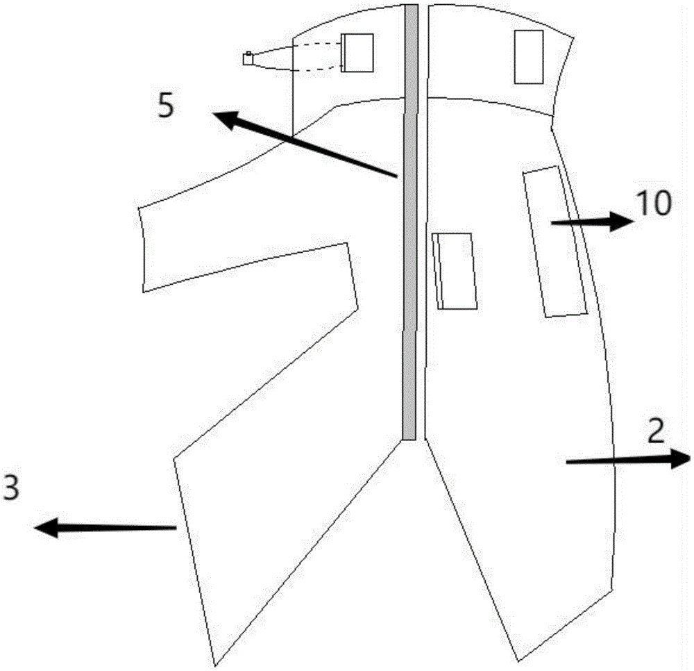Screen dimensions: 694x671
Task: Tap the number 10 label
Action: point(652,204)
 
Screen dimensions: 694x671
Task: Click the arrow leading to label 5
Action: point(305,147)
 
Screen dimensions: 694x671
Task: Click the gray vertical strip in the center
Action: point(410,222)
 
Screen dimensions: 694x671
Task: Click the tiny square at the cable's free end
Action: point(248,59)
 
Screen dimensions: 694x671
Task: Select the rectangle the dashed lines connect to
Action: point(359,53)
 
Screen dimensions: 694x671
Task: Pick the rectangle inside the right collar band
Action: point(528,57)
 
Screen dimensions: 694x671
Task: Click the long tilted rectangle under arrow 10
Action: point(555,242)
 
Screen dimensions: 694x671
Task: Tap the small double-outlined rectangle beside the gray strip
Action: point(455,270)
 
